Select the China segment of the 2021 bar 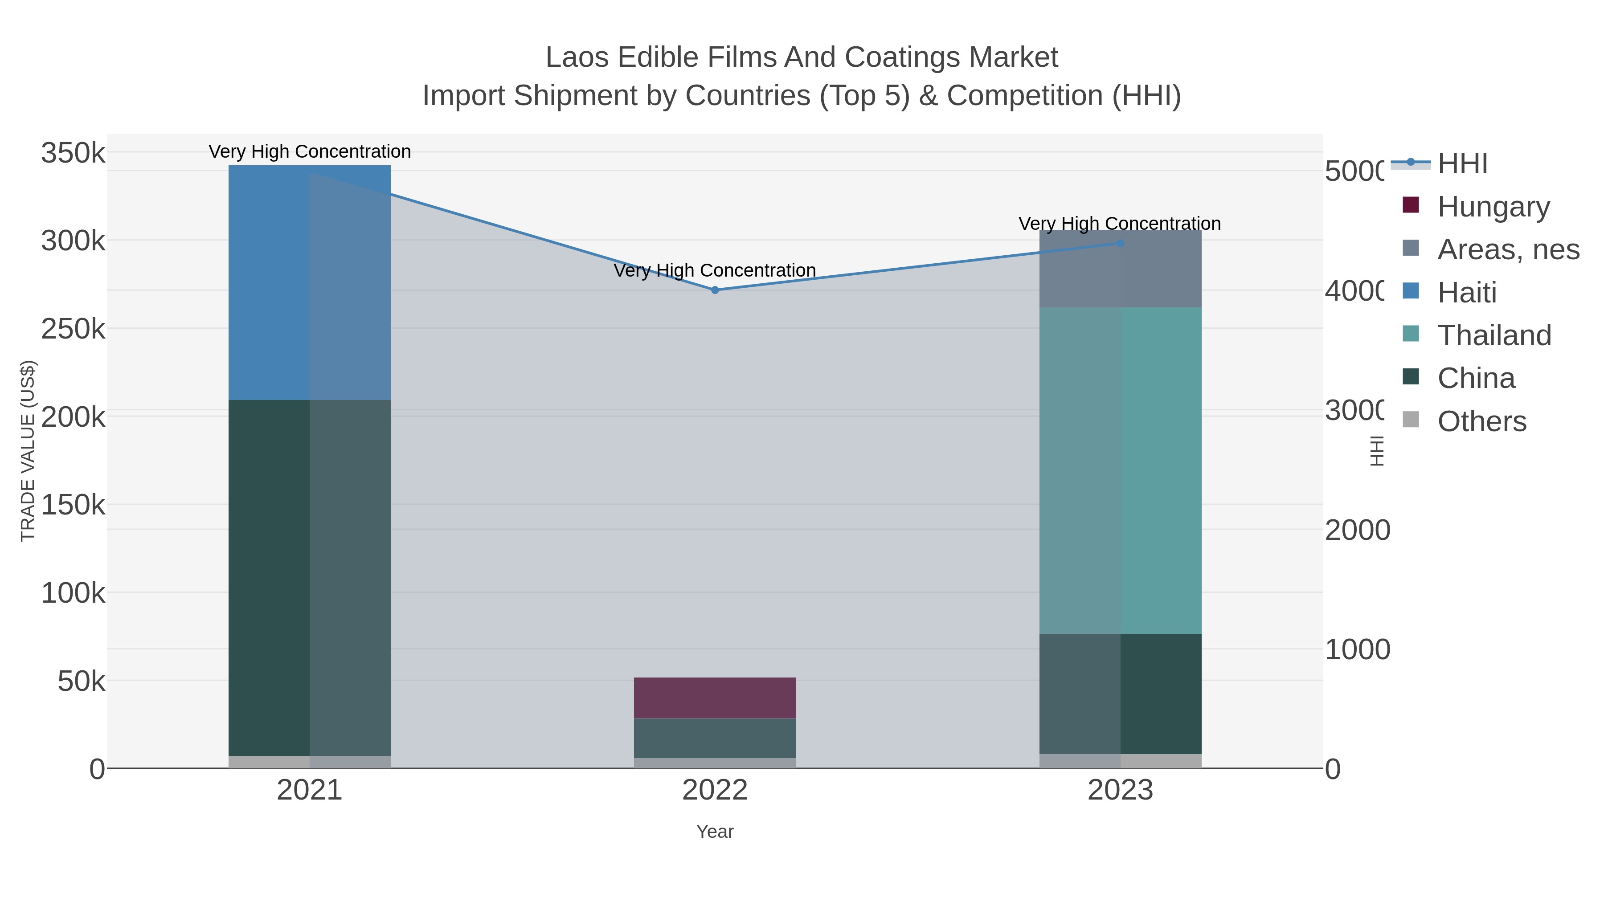coord(310,578)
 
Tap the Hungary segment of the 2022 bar coord(715,698)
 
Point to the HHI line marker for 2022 coord(715,290)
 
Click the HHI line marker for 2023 coord(1120,243)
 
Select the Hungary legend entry coord(1493,206)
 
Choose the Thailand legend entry coord(1494,335)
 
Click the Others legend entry coord(1481,421)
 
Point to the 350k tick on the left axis coord(73,152)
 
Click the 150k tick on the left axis coord(73,504)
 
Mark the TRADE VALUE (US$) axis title coord(28,451)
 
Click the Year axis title coord(715,832)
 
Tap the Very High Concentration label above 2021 coord(310,151)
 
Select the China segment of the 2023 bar coord(1120,694)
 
